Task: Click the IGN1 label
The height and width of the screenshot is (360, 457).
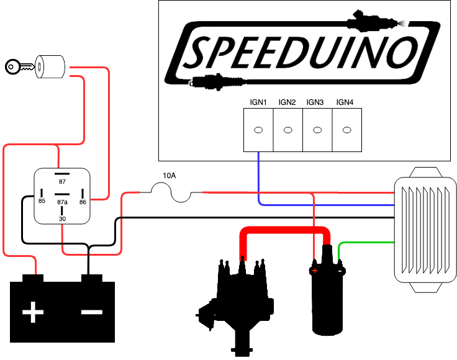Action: click(258, 102)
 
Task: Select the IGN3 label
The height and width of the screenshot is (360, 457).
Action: click(315, 102)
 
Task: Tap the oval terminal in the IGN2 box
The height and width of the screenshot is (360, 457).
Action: click(288, 130)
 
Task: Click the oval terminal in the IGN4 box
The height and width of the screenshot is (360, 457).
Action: click(347, 130)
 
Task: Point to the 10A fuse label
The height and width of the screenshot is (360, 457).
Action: click(169, 176)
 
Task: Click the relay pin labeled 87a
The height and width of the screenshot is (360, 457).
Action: click(62, 194)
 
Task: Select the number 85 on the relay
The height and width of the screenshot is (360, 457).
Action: click(42, 201)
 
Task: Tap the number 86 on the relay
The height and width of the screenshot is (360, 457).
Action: click(83, 202)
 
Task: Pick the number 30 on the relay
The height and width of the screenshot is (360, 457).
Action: click(62, 218)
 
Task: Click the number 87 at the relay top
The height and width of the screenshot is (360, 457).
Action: click(62, 182)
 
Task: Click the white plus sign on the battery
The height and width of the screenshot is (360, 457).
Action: click(33, 312)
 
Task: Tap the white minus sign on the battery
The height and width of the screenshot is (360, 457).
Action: click(92, 312)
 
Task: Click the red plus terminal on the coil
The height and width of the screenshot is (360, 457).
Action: click(315, 271)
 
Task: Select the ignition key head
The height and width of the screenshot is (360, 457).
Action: click(12, 66)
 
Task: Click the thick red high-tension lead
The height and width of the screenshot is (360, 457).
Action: click(285, 230)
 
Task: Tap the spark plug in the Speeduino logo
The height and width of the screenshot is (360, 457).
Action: click(218, 81)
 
